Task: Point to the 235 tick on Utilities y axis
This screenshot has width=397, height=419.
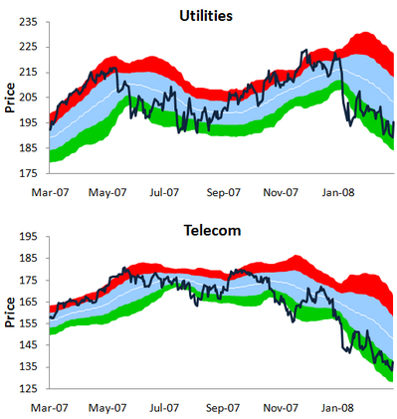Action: coord(31,22)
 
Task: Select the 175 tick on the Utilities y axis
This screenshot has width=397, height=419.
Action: coord(31,174)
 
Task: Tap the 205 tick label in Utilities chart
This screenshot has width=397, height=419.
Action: coord(31,98)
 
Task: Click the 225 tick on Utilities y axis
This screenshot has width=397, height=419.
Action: coord(31,47)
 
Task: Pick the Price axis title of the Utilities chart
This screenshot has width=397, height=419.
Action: coord(9,98)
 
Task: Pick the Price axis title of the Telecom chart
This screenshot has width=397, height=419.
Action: coord(9,313)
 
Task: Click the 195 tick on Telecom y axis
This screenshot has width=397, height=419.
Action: coord(31,237)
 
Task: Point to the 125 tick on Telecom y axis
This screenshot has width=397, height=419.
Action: coord(31,389)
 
